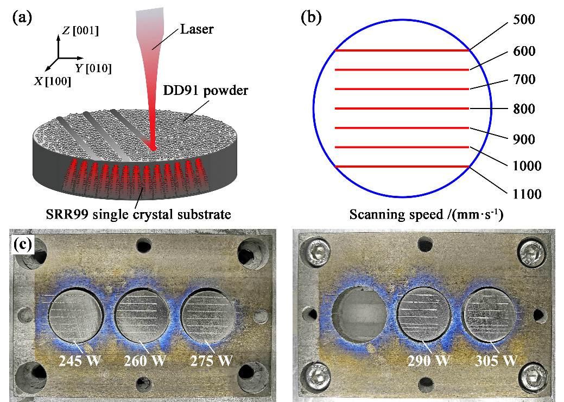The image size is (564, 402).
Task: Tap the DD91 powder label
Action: [x=205, y=90]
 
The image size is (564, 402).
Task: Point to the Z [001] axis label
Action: [x=80, y=31]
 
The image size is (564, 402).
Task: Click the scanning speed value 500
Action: [x=523, y=20]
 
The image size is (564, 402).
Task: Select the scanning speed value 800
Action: [x=523, y=110]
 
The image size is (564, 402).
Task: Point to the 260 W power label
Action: [x=145, y=361]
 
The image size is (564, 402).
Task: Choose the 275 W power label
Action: [x=212, y=361]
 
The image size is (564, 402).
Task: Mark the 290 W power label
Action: [x=428, y=360]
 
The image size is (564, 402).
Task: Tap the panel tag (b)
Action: [x=311, y=17]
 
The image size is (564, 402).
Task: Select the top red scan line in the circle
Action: [x=402, y=50]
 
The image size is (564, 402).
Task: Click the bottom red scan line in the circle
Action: [x=402, y=166]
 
